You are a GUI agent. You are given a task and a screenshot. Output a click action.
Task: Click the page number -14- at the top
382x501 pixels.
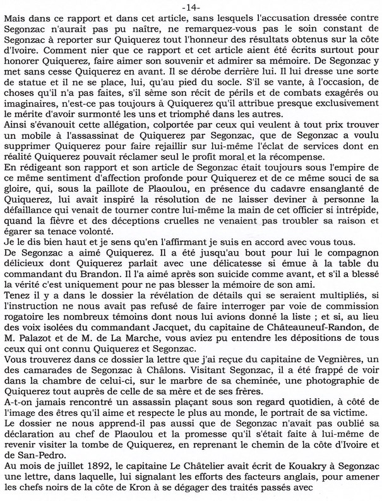pos(191,6)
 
